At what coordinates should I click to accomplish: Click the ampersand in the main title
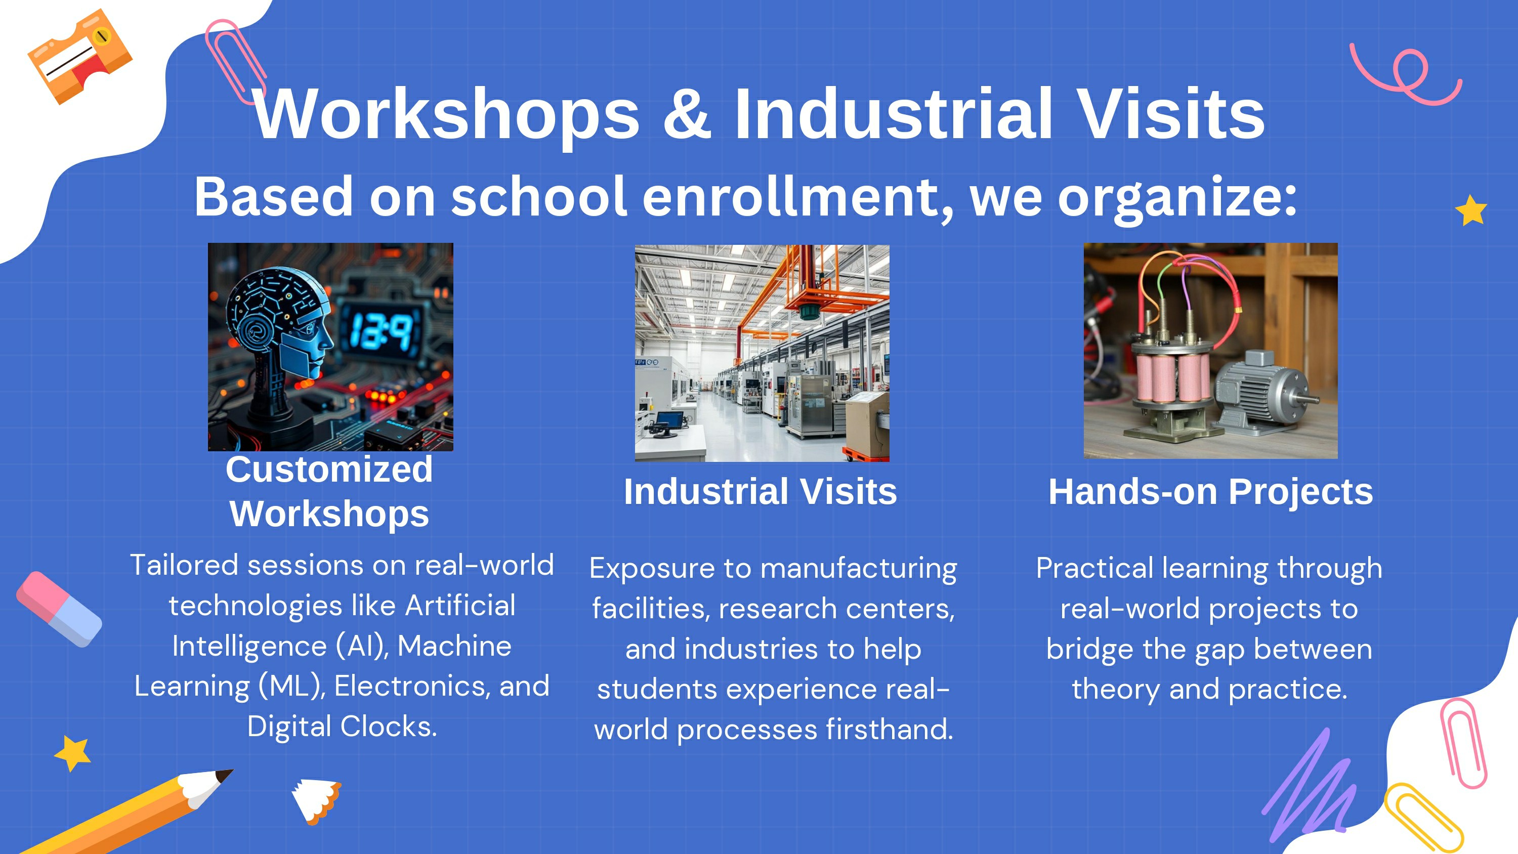pyautogui.click(x=687, y=113)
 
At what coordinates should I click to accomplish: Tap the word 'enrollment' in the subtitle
pyautogui.click(x=797, y=197)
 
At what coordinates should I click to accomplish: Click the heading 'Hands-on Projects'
pyautogui.click(x=1210, y=492)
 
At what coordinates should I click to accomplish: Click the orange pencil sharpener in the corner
pyautogui.click(x=80, y=56)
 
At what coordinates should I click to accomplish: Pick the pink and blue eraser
pyautogui.click(x=59, y=609)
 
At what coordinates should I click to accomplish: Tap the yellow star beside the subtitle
pyautogui.click(x=1471, y=210)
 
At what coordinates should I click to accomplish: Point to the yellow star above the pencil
pyautogui.click(x=72, y=753)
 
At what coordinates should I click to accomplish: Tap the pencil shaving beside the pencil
pyautogui.click(x=316, y=800)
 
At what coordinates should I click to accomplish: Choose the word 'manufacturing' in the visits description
pyautogui.click(x=859, y=569)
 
